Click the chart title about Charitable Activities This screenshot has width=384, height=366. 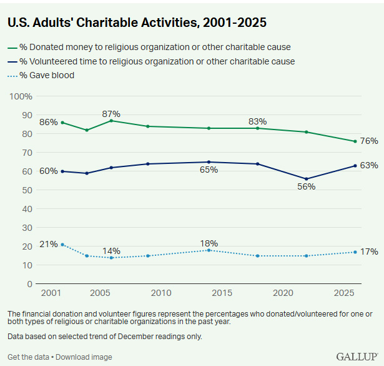(x=137, y=23)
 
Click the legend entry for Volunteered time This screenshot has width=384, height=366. (x=156, y=61)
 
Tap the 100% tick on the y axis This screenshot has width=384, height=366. (x=21, y=96)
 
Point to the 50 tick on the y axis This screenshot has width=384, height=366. (x=27, y=190)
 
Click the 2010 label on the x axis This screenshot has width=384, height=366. (x=160, y=293)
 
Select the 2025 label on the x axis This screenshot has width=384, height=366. (x=345, y=293)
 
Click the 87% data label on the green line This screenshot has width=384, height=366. (x=111, y=113)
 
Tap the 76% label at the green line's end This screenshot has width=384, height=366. (x=369, y=141)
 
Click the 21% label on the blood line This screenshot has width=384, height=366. (x=48, y=244)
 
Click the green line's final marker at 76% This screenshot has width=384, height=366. (x=355, y=141)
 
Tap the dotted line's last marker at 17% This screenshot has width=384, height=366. (x=355, y=252)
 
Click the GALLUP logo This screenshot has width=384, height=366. (x=357, y=356)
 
